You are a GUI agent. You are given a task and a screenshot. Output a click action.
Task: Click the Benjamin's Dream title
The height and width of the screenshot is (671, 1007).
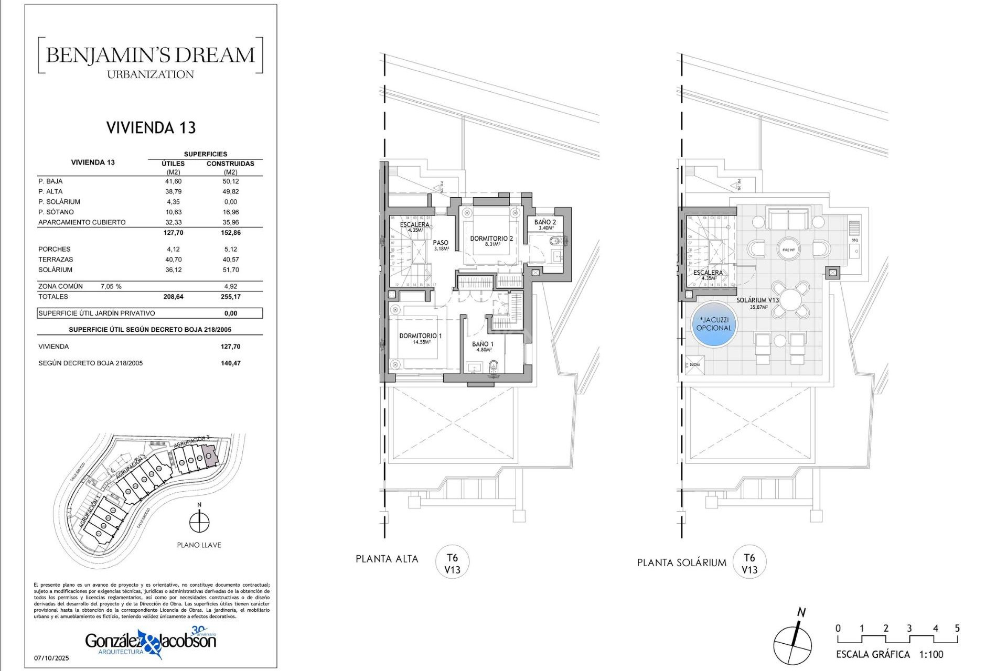click(x=151, y=55)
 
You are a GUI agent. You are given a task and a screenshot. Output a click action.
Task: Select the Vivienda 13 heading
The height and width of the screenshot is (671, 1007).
click(x=151, y=128)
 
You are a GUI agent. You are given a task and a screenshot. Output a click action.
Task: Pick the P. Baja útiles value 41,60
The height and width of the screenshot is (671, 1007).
click(x=173, y=181)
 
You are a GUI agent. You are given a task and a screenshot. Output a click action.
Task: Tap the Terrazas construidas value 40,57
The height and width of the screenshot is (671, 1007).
click(x=230, y=259)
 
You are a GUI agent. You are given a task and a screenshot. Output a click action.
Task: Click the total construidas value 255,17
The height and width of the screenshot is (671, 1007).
click(x=230, y=297)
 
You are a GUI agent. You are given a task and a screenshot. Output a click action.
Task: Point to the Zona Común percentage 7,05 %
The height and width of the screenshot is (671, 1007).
click(x=111, y=286)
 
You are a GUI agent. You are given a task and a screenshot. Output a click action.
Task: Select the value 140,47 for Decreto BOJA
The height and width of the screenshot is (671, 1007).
click(x=230, y=363)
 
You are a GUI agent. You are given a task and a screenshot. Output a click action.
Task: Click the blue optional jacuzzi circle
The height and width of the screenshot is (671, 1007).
click(x=713, y=324)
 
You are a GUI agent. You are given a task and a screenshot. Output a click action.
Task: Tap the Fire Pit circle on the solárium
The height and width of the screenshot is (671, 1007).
click(x=788, y=250)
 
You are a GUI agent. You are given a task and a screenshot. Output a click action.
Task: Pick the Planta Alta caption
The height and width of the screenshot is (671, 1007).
click(x=387, y=559)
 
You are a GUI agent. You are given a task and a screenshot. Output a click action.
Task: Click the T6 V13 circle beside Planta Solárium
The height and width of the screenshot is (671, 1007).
click(x=749, y=563)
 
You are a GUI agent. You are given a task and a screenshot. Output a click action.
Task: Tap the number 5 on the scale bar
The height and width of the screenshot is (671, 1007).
click(x=957, y=628)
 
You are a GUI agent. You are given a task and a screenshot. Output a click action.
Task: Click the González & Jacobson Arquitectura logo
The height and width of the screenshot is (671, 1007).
click(x=151, y=642)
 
